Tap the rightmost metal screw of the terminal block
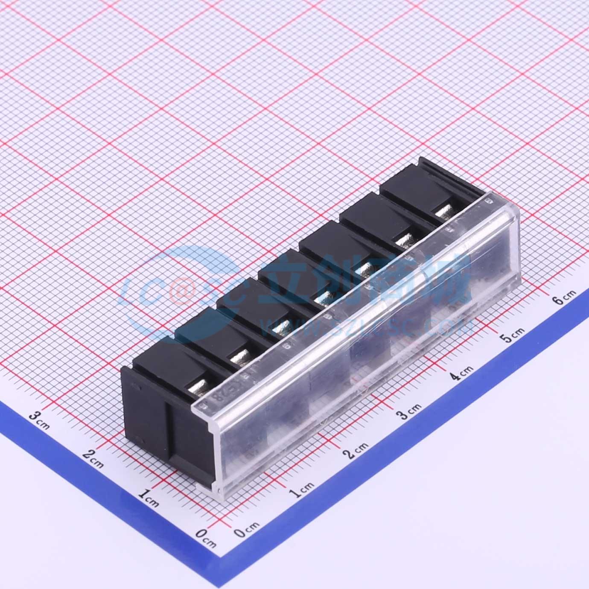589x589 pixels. tap(444, 210)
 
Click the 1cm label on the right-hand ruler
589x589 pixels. tap(301, 490)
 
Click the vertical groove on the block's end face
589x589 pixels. tap(169, 431)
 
